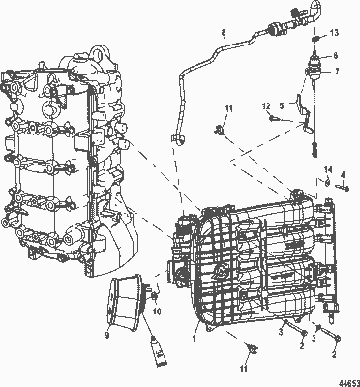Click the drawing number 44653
[x=345, y=380]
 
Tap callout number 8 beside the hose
[x=225, y=35]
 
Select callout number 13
[x=334, y=33]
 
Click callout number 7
[x=336, y=71]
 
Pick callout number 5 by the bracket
[x=282, y=103]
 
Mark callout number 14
[x=327, y=170]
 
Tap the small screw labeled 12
[x=279, y=119]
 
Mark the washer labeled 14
[x=327, y=183]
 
